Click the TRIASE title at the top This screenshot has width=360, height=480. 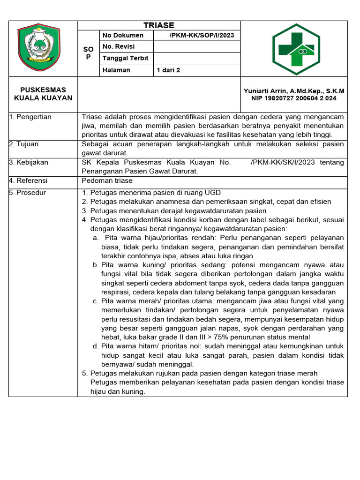(x=159, y=25)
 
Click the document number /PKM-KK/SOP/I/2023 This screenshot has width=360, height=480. (x=202, y=36)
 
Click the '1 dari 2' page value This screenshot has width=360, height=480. (x=168, y=70)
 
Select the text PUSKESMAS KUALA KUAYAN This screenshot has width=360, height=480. (x=43, y=94)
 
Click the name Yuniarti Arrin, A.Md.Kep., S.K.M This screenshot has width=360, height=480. (x=294, y=91)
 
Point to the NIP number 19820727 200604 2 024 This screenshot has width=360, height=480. (x=294, y=98)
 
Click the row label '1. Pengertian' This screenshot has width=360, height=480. (x=30, y=117)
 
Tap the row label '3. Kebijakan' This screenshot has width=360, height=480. (x=29, y=162)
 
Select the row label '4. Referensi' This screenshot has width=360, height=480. (x=28, y=180)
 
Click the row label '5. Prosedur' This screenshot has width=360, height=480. (x=28, y=193)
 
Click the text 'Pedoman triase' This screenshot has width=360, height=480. (x=107, y=180)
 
